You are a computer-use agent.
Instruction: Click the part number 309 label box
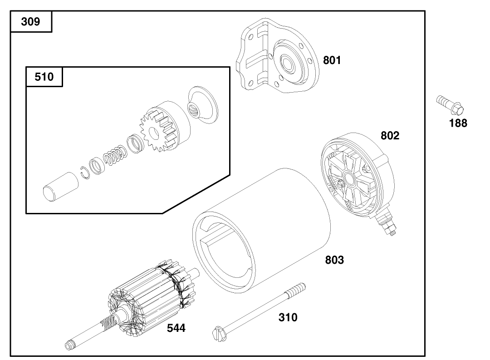point(31,21)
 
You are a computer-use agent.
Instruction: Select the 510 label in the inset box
point(44,77)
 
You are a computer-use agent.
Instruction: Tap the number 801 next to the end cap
point(332,60)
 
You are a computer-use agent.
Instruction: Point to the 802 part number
point(390,135)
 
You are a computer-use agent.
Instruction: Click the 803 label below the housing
point(334,260)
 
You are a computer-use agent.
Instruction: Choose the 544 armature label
point(176,328)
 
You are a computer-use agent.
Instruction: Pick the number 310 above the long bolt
point(288,317)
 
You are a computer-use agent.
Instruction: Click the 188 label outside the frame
point(458,123)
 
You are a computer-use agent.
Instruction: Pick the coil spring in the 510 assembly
point(113,156)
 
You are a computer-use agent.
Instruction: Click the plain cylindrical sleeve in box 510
point(56,186)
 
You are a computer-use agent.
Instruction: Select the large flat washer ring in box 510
point(202,104)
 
